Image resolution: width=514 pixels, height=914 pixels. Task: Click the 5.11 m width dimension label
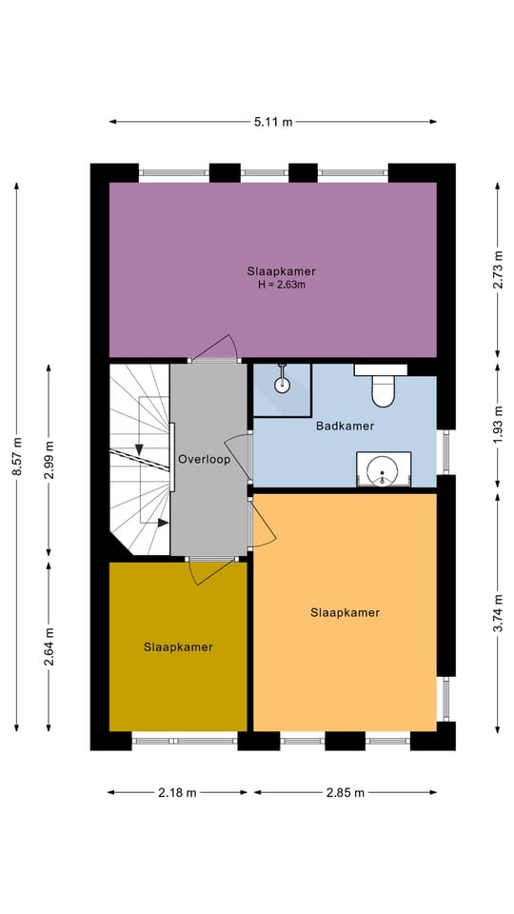click(x=273, y=122)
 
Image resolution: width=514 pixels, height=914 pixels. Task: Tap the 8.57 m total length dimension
click(x=17, y=456)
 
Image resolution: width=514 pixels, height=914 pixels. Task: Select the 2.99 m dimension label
click(x=49, y=460)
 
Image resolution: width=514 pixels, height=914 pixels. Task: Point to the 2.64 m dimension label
click(x=49, y=646)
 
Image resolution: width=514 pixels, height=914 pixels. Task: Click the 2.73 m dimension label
click(x=497, y=269)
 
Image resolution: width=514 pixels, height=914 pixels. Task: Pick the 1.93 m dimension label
click(x=497, y=427)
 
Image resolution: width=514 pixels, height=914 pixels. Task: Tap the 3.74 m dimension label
click(x=497, y=613)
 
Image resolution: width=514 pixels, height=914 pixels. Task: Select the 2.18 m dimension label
click(x=178, y=792)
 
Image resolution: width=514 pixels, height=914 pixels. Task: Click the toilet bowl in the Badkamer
click(x=384, y=390)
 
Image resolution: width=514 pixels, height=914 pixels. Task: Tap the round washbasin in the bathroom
click(x=383, y=469)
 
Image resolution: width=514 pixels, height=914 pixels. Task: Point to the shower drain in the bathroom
click(x=282, y=384)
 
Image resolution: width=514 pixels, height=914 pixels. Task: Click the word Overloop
click(x=204, y=459)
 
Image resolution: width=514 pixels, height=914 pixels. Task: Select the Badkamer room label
click(x=345, y=427)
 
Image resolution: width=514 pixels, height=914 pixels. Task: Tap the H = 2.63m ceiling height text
click(x=282, y=285)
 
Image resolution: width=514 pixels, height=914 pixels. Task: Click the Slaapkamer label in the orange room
click(x=345, y=612)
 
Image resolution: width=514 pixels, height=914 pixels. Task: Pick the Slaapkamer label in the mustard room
click(x=178, y=647)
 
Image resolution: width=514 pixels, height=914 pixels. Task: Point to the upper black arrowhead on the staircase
click(x=139, y=449)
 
